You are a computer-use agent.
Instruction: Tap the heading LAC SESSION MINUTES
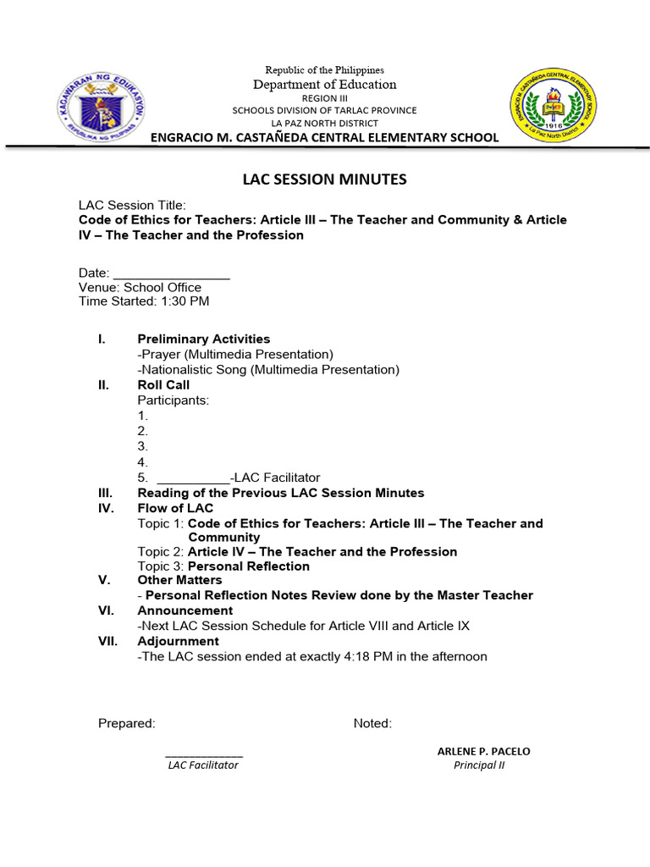tap(325, 179)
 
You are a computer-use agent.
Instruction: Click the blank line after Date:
tap(171, 273)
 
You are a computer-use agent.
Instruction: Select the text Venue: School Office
tap(140, 287)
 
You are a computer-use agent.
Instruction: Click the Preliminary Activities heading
tap(204, 339)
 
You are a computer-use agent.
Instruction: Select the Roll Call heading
tap(163, 384)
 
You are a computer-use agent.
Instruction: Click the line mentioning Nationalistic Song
tap(268, 369)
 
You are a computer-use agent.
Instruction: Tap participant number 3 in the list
tap(142, 446)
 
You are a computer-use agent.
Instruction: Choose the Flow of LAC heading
tap(175, 508)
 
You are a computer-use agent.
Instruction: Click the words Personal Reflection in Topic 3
tap(249, 566)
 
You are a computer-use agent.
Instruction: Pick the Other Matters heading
tap(179, 580)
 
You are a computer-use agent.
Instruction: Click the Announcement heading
tap(185, 610)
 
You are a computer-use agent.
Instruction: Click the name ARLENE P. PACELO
tap(483, 751)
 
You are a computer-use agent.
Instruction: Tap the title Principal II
tap(479, 765)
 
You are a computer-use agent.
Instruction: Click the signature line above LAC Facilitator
tap(203, 754)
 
